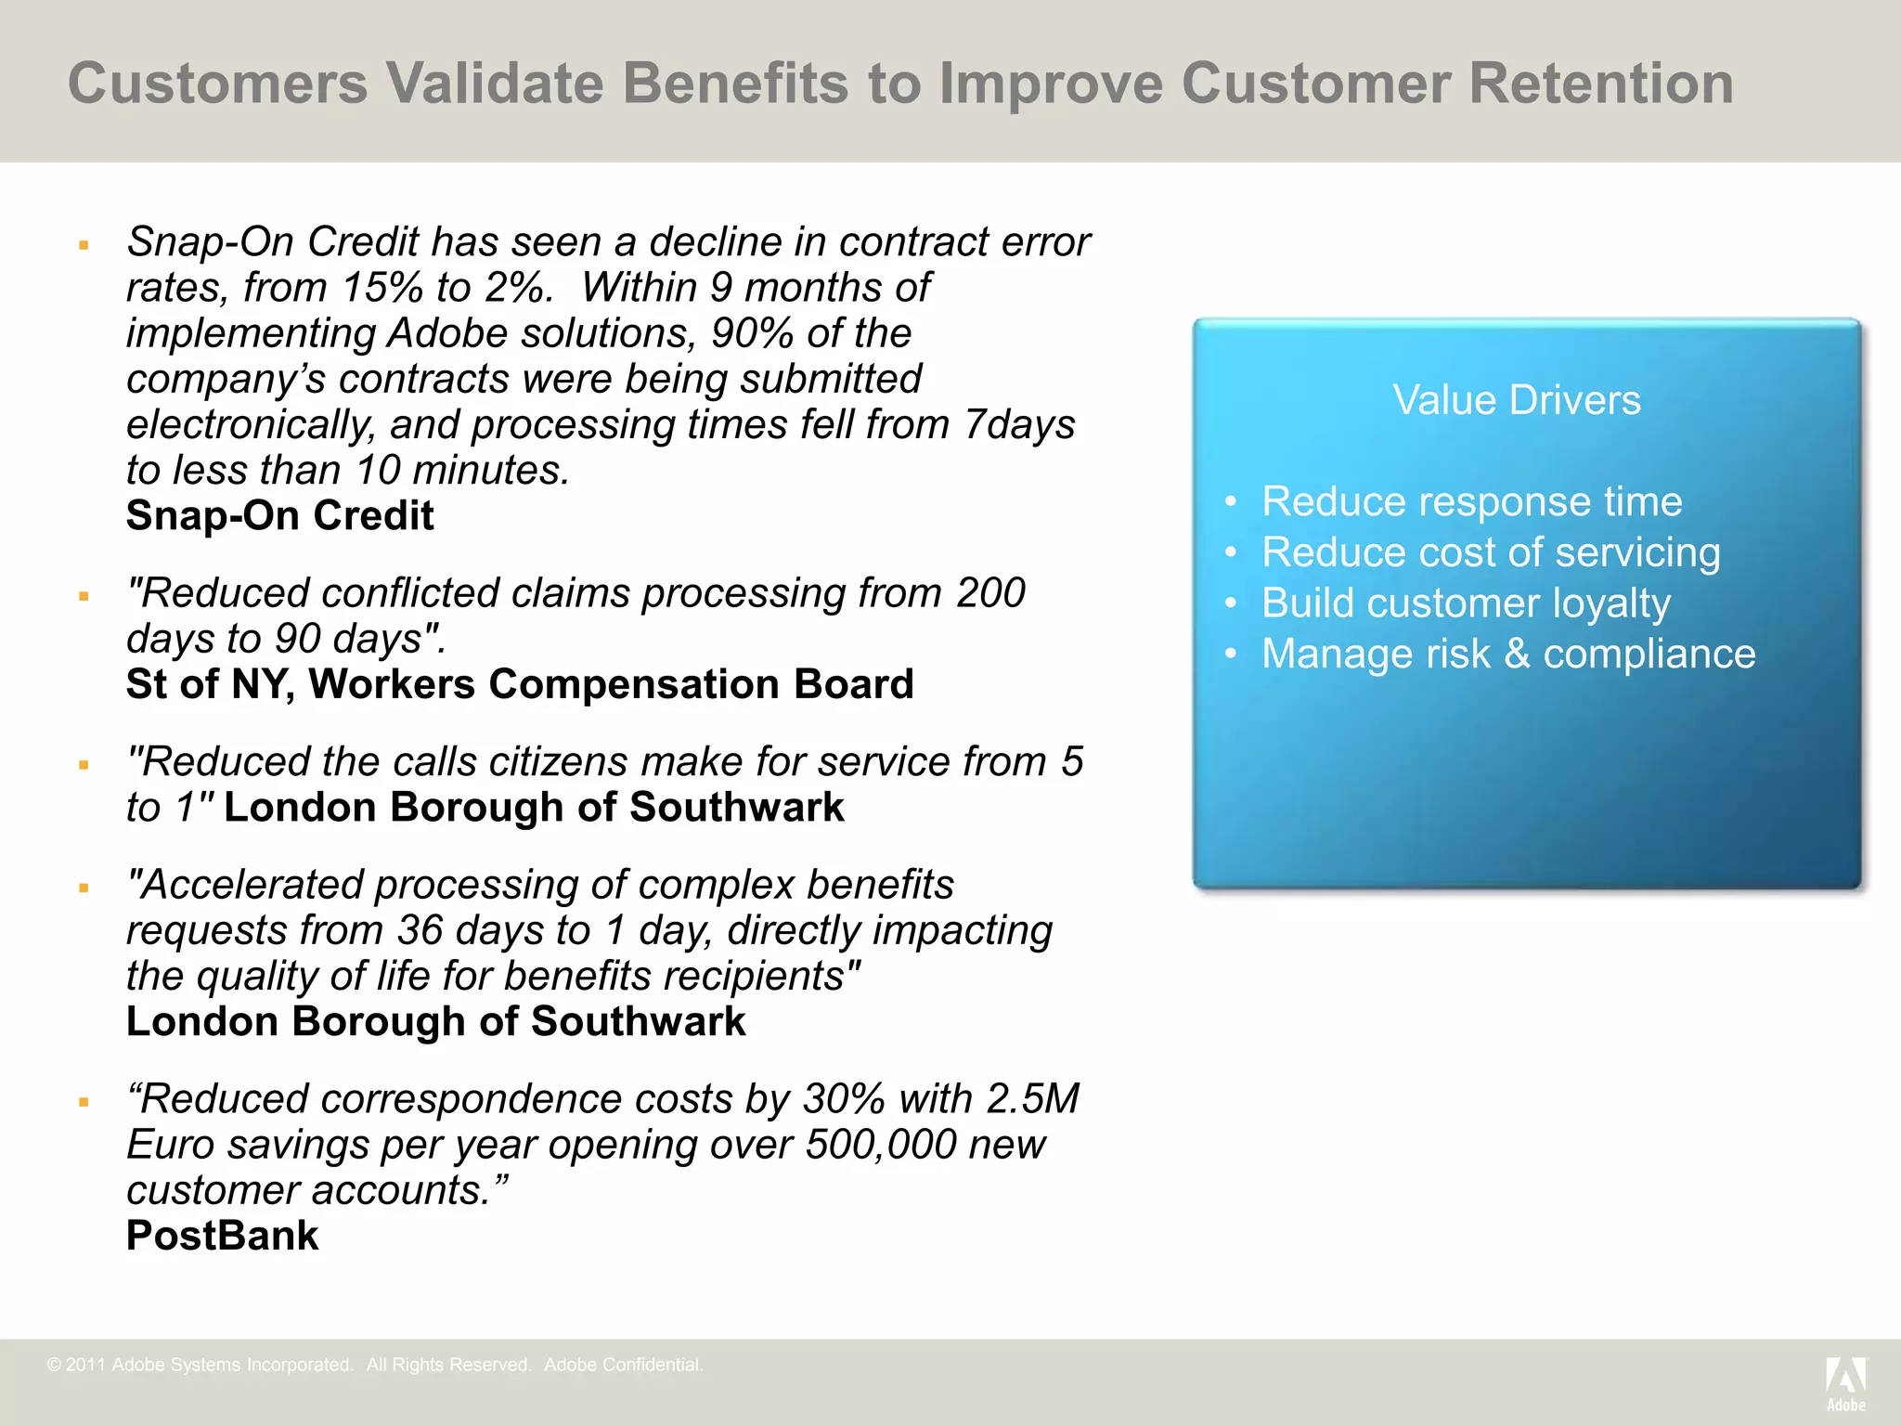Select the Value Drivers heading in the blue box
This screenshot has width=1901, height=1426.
[x=1517, y=400]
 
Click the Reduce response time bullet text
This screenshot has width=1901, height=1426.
[x=1471, y=501]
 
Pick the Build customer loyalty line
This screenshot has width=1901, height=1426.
[x=1466, y=603]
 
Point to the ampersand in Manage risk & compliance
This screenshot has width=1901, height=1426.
[x=1517, y=654]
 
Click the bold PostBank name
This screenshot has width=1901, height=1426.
[x=222, y=1236]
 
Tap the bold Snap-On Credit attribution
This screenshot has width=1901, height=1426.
[x=279, y=515]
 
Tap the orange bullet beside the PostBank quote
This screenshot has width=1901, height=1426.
[x=84, y=1102]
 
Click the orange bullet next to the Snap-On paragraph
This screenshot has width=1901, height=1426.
[x=84, y=245]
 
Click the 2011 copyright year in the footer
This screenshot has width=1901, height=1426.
[x=85, y=1365]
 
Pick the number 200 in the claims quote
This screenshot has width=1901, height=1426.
[x=990, y=593]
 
